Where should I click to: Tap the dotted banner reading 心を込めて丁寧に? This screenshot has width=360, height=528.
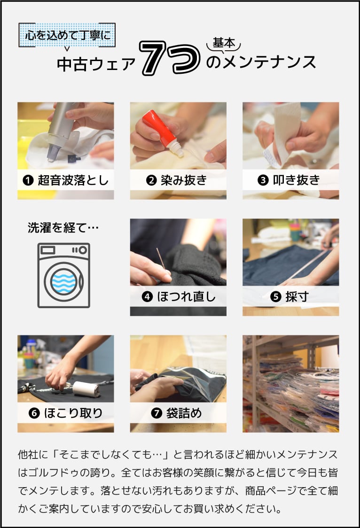(66, 35)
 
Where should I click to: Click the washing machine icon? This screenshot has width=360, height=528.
(63, 275)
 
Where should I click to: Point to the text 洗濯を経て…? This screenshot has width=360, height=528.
(63, 229)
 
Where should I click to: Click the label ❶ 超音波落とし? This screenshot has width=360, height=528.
(65, 180)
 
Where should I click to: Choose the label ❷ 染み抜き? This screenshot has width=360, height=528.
(178, 180)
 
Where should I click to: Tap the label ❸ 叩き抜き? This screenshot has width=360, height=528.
(290, 180)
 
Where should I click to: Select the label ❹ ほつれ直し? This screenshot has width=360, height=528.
(178, 296)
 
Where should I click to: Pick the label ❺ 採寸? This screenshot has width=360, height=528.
(290, 296)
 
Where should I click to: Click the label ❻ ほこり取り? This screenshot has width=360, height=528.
(65, 413)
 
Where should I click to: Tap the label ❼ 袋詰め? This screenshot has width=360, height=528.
(178, 413)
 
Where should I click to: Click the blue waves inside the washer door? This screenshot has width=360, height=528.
(63, 282)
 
